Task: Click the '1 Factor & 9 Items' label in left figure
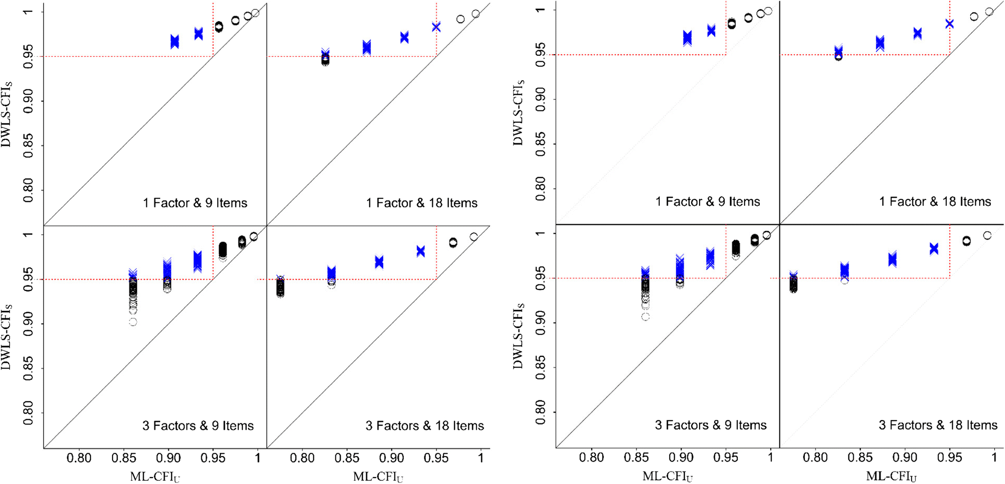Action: pos(195,203)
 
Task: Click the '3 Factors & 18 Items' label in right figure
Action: pos(937,425)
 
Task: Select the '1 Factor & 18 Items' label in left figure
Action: pos(421,203)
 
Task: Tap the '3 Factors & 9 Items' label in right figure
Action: pos(710,425)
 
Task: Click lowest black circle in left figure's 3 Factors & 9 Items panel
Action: pos(133,322)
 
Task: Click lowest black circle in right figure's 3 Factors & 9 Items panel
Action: pos(646,317)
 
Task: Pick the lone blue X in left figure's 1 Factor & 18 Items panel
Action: pos(436,27)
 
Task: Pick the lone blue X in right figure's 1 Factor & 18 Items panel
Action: pos(949,24)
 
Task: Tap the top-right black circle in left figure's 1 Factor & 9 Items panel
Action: pos(255,13)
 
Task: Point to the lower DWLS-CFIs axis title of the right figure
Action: pos(518,335)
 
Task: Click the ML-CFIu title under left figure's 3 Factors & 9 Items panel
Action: pos(155,477)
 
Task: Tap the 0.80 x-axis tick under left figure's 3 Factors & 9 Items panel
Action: pos(79,458)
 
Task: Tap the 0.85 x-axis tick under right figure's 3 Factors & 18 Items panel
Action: pos(860,458)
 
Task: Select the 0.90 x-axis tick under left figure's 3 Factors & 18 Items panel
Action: pos(391,458)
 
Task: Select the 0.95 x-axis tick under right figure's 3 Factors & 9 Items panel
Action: pos(725,458)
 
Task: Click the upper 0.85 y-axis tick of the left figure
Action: pos(28,146)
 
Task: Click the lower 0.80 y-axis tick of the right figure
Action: pos(540,412)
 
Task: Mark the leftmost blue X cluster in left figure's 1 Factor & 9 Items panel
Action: pos(175,42)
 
